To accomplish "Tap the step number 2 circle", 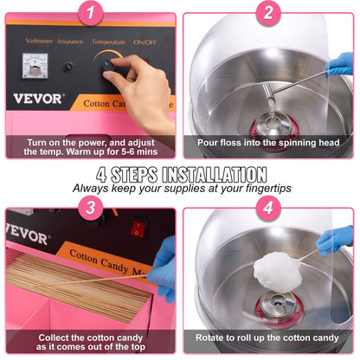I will point(268,12).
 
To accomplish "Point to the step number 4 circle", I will point(268,208).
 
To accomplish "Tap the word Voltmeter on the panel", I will point(40,40).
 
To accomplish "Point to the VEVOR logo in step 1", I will point(37,99).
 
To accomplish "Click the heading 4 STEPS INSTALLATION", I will point(180,173).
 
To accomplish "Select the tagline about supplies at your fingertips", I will point(180,187).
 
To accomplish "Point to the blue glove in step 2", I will point(338,65).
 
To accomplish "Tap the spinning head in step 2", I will point(270,119).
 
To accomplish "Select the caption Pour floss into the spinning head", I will point(269,143).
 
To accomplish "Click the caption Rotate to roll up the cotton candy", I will point(269,337).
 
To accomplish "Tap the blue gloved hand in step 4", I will point(336,241).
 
